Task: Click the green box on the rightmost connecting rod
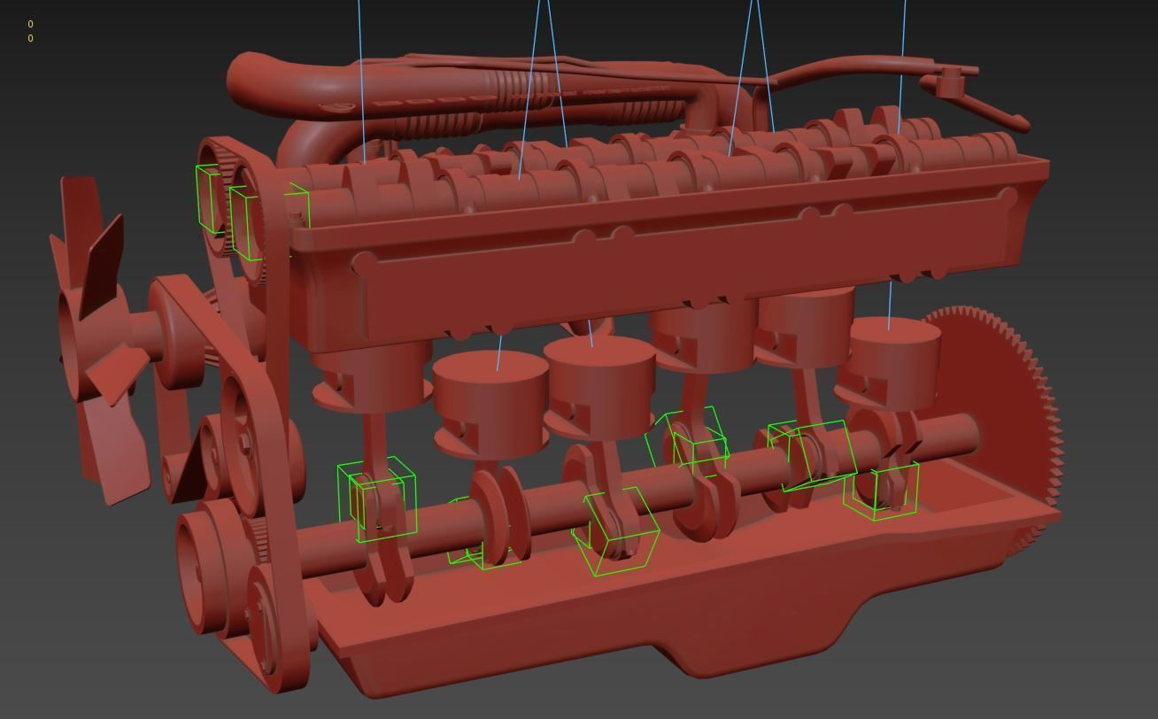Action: tap(881, 490)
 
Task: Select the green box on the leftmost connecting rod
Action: tap(377, 500)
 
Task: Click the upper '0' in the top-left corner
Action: tap(30, 24)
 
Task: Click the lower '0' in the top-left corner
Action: tap(30, 38)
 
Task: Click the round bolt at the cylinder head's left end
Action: tap(363, 263)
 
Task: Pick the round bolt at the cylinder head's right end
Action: tap(1008, 197)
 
